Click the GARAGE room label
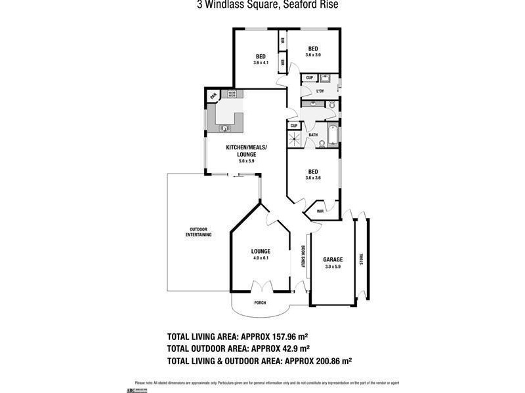tap(333, 259)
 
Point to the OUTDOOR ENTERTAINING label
tap(198, 231)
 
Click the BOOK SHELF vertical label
tap(303, 257)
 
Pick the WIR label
tap(320, 212)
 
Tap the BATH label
tap(313, 136)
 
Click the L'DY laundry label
tap(321, 90)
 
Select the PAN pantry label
tap(213, 97)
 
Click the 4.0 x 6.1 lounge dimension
tap(261, 258)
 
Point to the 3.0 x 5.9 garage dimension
tap(333, 267)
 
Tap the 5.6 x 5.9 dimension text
tap(237, 160)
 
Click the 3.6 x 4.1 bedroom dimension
tap(261, 63)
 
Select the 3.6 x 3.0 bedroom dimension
tap(313, 55)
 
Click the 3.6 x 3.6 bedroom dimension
tap(313, 178)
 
